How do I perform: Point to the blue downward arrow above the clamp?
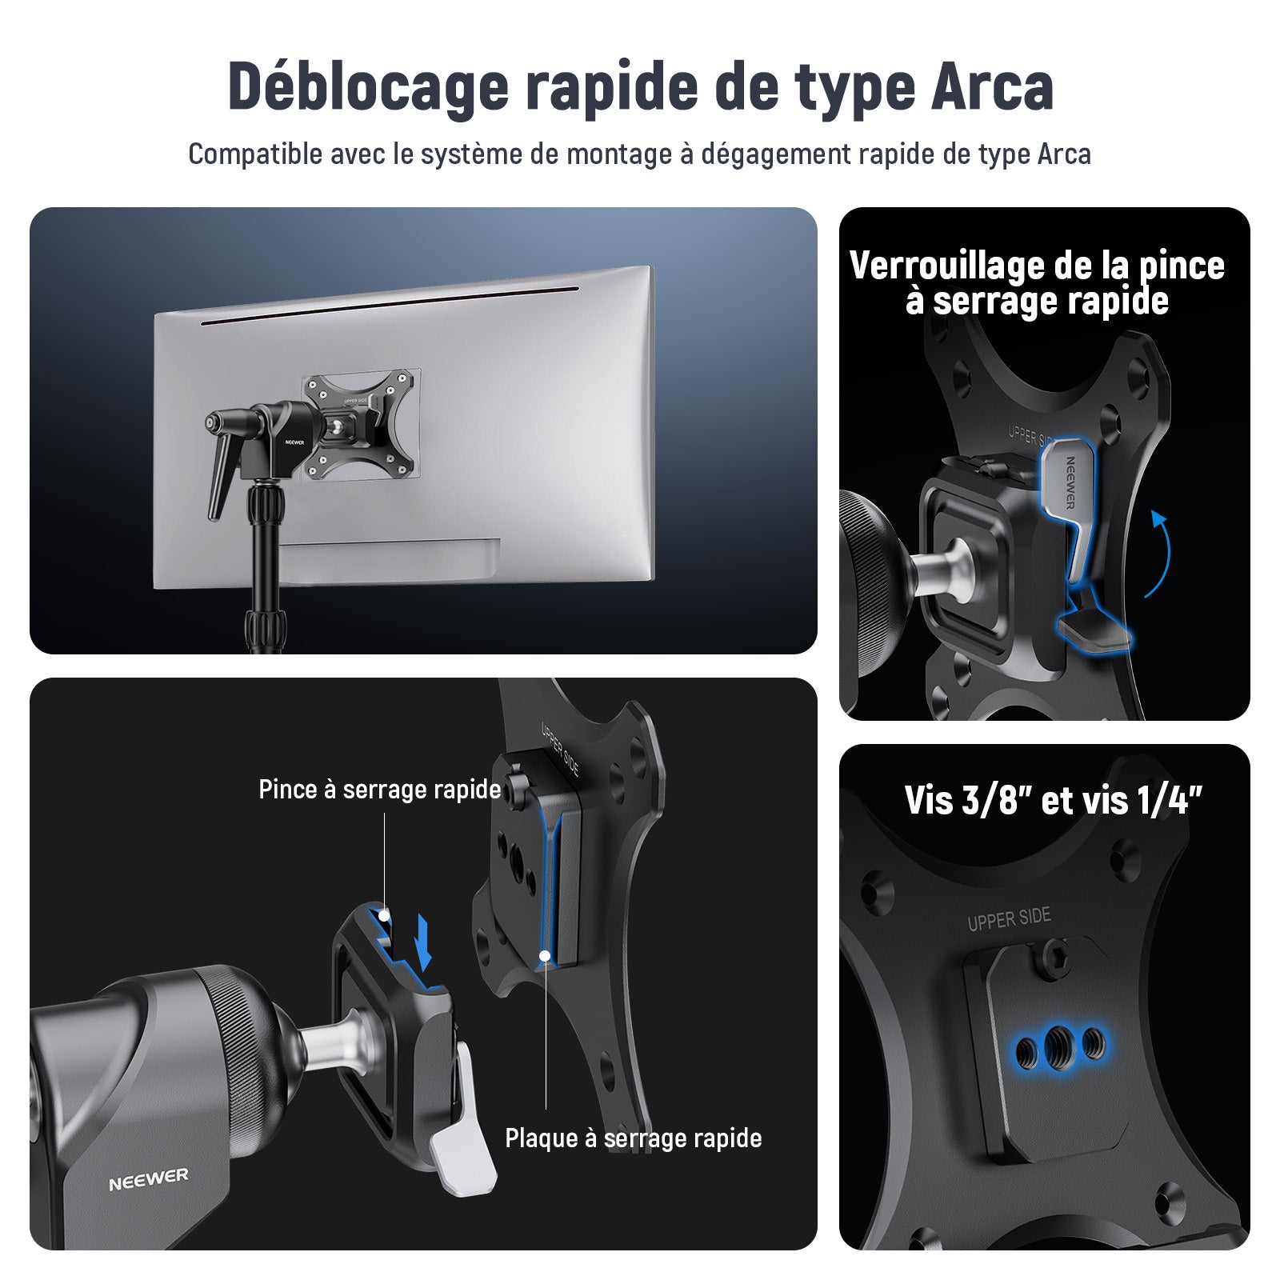coord(424,942)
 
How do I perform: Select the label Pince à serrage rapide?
coord(379,790)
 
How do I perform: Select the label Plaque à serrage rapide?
coord(633,1138)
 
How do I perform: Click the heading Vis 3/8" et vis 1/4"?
coord(1053,800)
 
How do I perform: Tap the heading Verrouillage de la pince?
coord(1037,266)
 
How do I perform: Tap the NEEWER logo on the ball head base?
coord(149,1178)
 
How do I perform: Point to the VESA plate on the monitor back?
coord(361,425)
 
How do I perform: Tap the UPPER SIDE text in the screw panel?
coord(1009,920)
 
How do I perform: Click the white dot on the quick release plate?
coord(545,955)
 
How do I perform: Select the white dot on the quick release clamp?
coord(384,914)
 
